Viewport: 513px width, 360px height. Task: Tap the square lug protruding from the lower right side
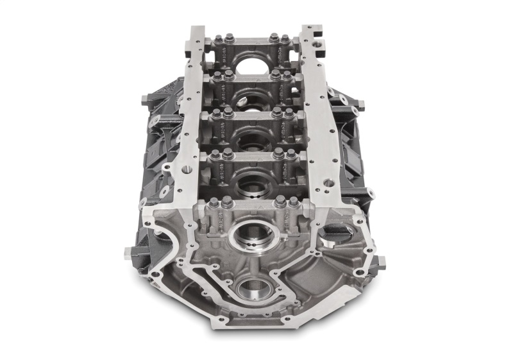(381, 261)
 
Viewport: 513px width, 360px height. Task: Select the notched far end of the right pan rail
(311, 31)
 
